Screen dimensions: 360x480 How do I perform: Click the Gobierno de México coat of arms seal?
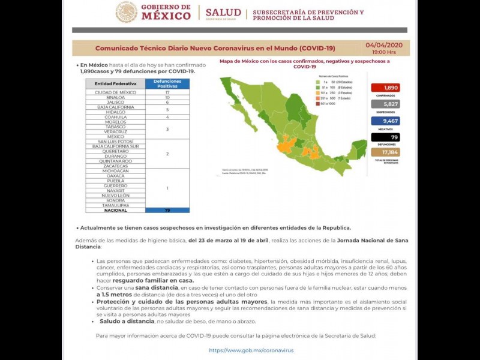click(126, 12)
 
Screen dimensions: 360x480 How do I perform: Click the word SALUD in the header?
click(223, 12)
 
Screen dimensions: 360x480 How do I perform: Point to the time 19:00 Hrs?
click(388, 52)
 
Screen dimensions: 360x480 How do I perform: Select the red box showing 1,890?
click(385, 88)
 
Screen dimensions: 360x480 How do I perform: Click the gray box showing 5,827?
click(385, 104)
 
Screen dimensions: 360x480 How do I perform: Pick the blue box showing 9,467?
click(385, 120)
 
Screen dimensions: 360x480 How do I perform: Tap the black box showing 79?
click(385, 137)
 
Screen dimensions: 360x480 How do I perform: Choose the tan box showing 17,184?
click(385, 152)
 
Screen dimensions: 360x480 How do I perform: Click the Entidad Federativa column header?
click(115, 83)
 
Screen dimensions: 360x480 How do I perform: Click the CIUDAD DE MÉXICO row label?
click(115, 92)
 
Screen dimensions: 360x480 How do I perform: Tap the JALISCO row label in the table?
click(115, 102)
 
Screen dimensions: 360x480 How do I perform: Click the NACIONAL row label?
click(115, 210)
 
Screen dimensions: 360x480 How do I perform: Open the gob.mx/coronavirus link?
click(251, 350)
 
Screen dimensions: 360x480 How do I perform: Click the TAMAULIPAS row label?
click(115, 205)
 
